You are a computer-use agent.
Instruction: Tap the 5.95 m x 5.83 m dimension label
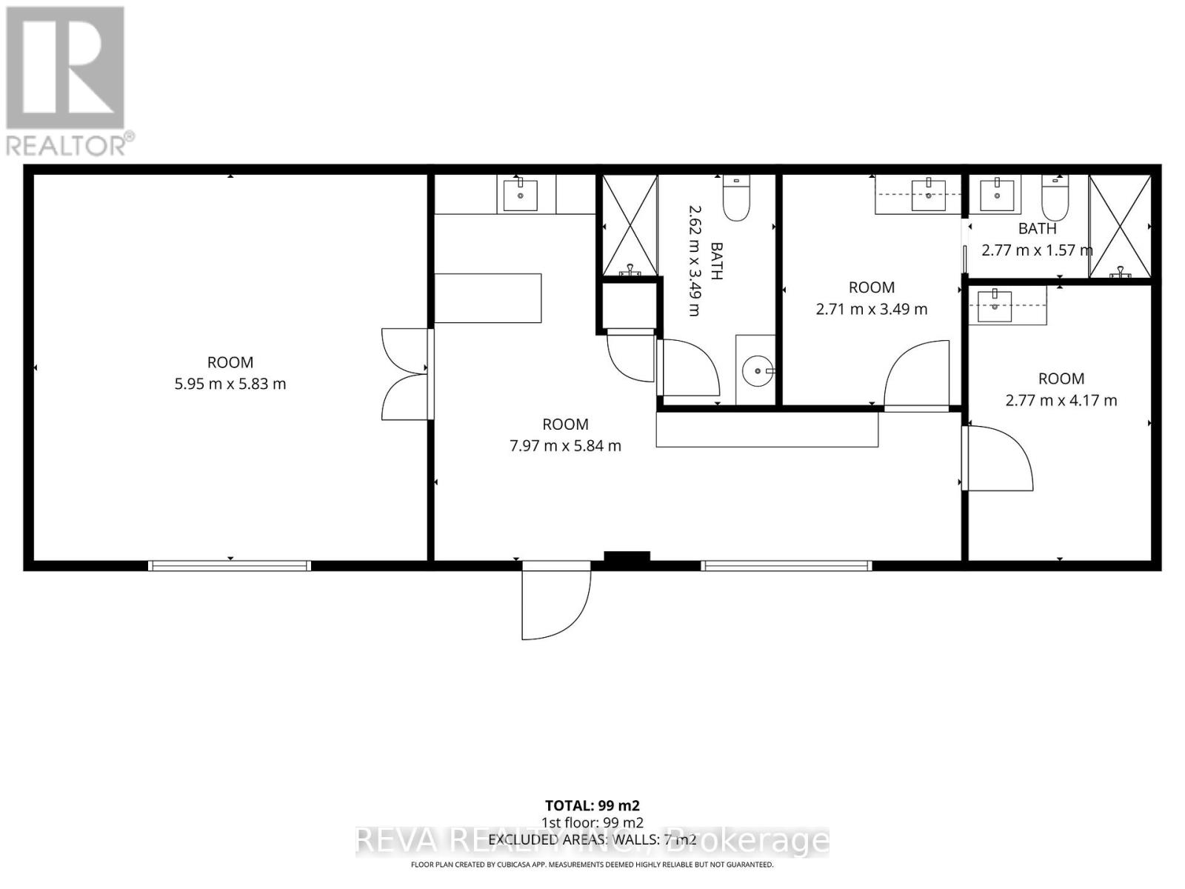coord(230,384)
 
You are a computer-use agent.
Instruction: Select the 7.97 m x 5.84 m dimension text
coord(565,446)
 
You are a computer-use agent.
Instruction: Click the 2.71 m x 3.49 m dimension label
coord(871,309)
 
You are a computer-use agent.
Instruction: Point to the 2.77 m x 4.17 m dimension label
coord(1061,401)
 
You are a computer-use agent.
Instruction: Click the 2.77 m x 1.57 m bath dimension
coord(1036,250)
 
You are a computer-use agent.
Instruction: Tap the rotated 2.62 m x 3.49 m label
coord(694,261)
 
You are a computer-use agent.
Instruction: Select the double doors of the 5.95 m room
coord(406,374)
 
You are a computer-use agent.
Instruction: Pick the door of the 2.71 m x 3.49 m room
coord(917,374)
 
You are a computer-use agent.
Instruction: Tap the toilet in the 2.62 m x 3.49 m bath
coord(736,198)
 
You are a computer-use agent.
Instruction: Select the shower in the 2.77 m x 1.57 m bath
coord(1120,227)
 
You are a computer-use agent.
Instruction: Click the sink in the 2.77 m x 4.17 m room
coord(995,305)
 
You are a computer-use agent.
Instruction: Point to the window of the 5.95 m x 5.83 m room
coord(230,566)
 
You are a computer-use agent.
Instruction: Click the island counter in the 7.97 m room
coord(487,298)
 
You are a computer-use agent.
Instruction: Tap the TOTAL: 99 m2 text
coord(592,805)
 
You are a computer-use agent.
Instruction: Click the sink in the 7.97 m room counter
coord(521,195)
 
